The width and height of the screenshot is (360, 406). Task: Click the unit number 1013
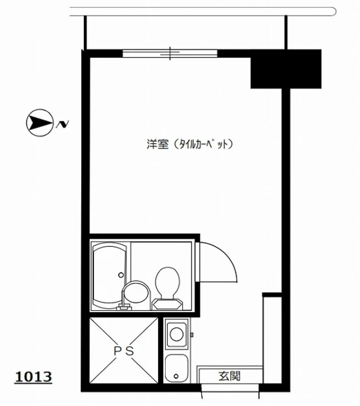point(34,377)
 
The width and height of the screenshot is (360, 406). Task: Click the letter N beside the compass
point(63,124)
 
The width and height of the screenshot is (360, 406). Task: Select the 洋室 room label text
point(157,144)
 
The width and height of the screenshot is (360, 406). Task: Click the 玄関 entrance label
point(230,376)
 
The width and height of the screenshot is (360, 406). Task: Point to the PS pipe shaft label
point(124,351)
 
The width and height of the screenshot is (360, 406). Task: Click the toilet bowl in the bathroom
point(167,282)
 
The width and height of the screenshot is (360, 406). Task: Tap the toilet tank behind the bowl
point(167,304)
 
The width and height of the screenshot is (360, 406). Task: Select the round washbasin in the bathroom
point(136,292)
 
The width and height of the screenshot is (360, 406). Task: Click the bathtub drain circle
point(121,275)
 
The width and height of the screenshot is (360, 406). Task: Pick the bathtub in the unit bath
point(110,275)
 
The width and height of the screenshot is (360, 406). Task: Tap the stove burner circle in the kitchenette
point(177,334)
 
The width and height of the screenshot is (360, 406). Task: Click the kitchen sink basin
point(176,368)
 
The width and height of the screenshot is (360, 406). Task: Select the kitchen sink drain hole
point(176,376)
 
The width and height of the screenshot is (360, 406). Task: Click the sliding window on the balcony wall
point(170,53)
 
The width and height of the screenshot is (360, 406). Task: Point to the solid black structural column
point(286,69)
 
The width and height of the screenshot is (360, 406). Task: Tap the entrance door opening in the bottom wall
point(230,388)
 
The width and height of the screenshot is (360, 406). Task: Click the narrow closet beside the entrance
point(272,340)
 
